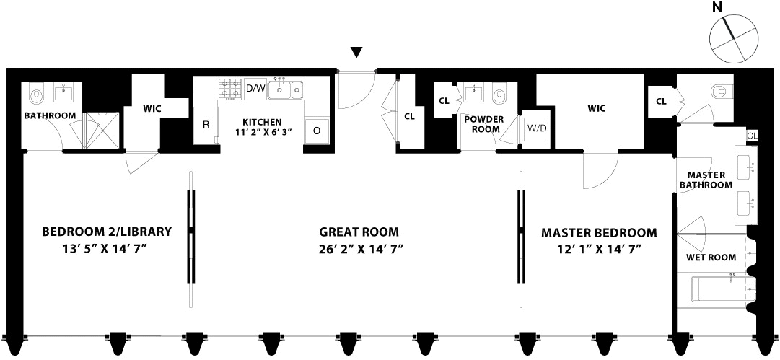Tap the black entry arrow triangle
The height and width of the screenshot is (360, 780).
(356, 52)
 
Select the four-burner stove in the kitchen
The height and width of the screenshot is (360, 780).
(230, 88)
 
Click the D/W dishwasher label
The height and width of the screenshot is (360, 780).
(255, 89)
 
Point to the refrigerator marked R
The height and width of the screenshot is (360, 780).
(206, 125)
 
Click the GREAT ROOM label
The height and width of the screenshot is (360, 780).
(359, 232)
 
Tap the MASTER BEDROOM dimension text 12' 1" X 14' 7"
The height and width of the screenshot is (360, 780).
(599, 249)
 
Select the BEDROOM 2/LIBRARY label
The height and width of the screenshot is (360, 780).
(107, 232)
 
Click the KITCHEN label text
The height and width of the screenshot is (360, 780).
(262, 122)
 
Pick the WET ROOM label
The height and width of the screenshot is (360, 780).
(711, 257)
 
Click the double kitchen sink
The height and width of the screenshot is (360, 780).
(286, 89)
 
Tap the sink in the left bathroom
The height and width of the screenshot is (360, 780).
(64, 93)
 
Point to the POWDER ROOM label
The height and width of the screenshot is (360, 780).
(484, 124)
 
